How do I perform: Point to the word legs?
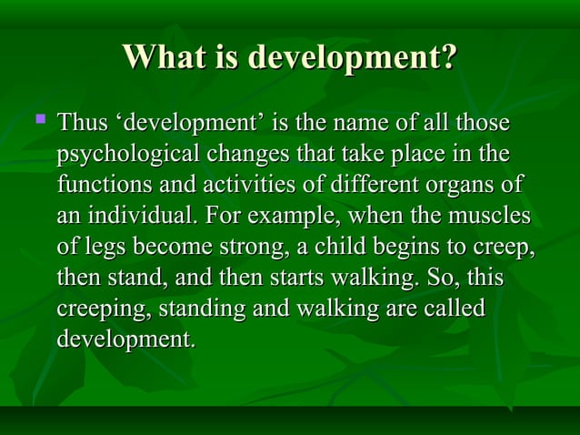[104, 248]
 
